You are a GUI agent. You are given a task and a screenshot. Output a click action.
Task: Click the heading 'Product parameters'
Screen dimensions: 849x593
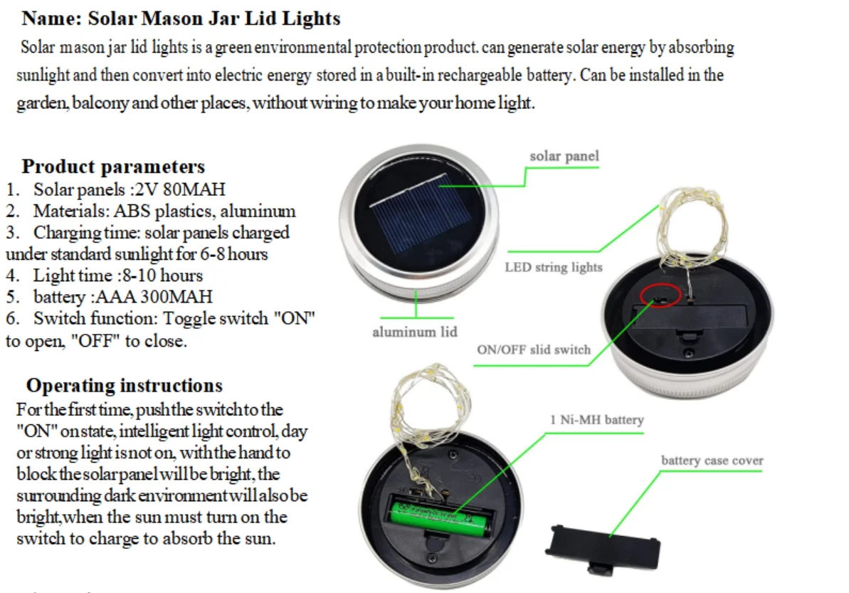tap(113, 167)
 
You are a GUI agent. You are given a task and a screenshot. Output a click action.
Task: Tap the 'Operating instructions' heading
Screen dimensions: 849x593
tap(124, 385)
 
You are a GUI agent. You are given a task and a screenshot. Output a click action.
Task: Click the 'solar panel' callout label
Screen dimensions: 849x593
tap(564, 156)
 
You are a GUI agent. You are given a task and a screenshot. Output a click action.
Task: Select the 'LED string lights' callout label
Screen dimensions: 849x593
tap(554, 268)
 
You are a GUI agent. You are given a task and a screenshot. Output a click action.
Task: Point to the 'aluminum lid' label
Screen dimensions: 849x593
tap(415, 332)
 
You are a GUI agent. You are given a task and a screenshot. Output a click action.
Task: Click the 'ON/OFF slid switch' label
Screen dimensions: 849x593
tap(534, 350)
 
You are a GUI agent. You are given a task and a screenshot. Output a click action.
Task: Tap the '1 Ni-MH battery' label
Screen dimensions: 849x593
tap(596, 420)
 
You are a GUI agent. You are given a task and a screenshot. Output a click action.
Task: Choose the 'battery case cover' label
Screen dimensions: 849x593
tap(712, 461)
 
